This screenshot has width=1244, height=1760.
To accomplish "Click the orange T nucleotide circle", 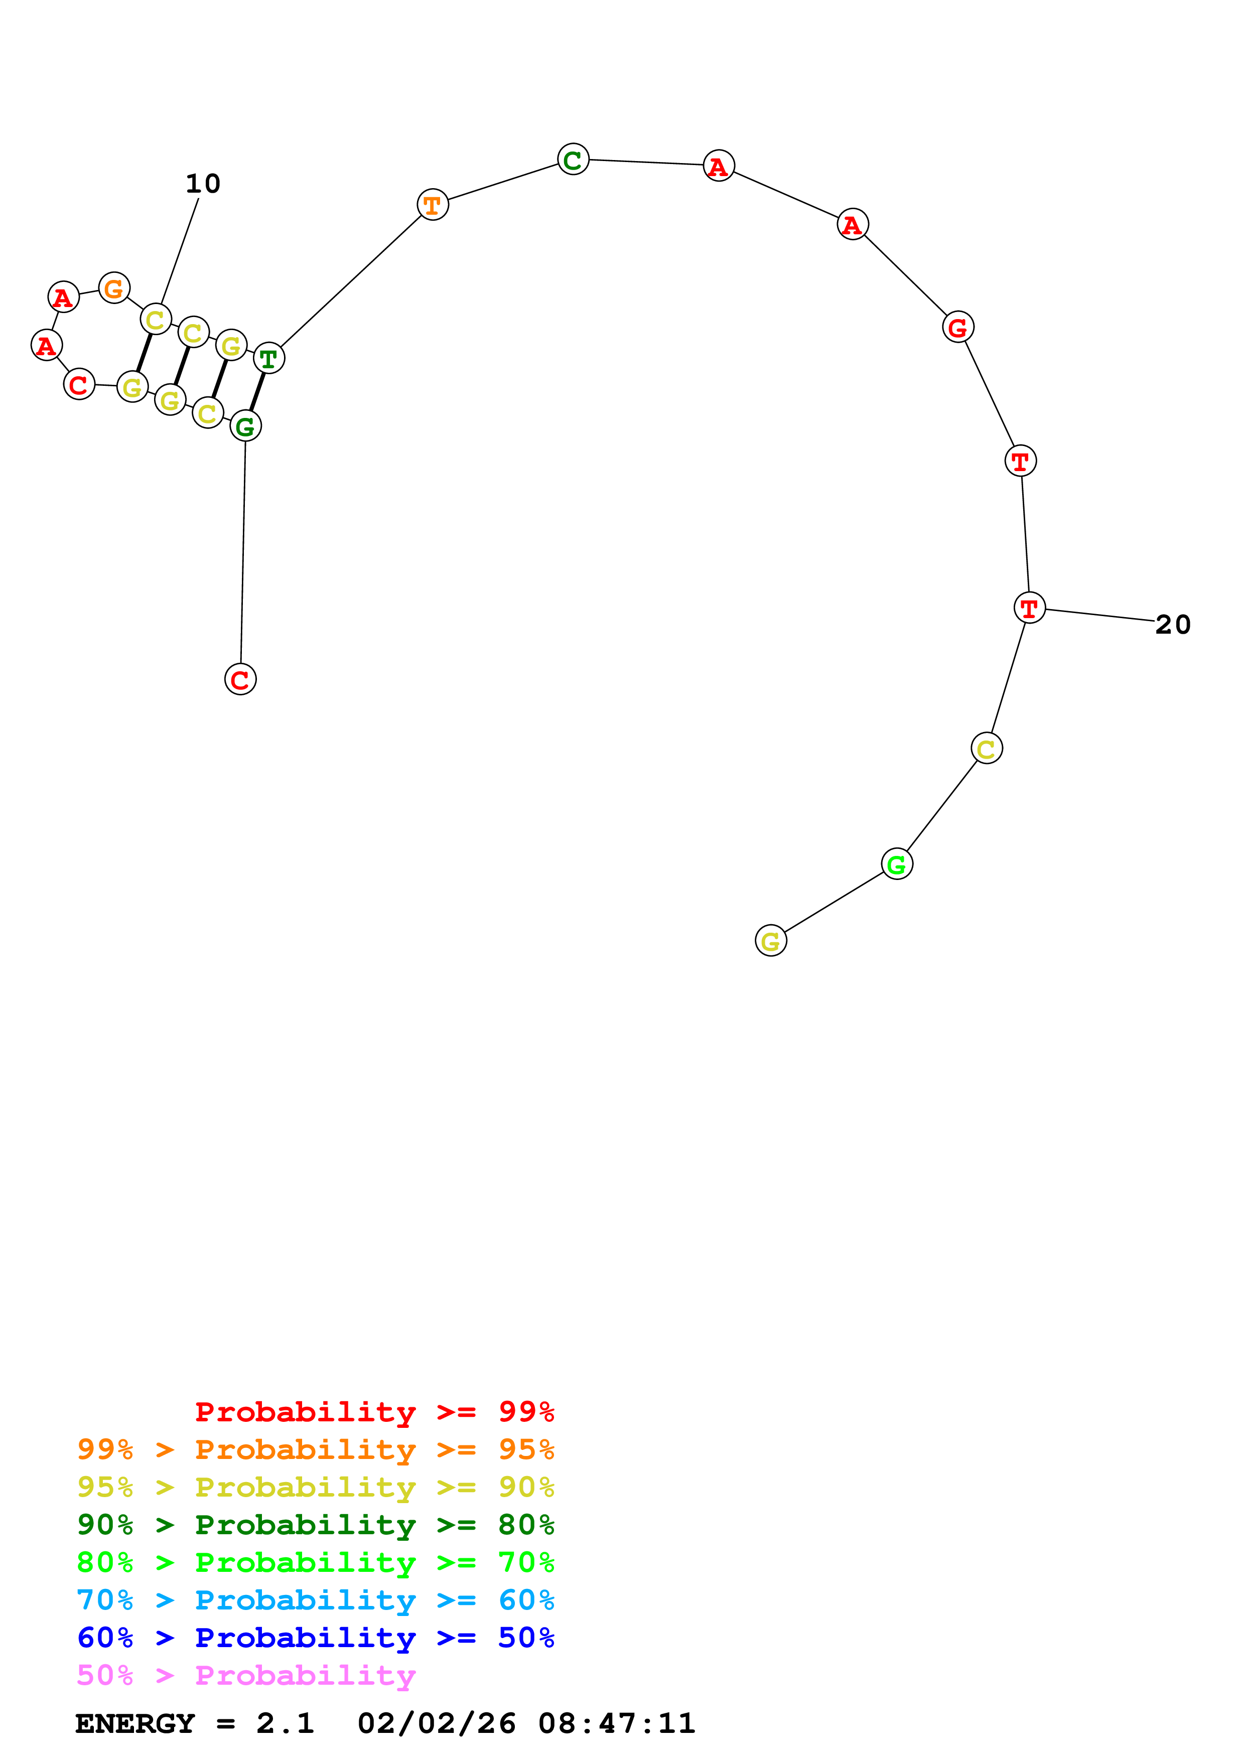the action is pyautogui.click(x=432, y=205).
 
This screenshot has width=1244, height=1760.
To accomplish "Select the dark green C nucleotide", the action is pyautogui.click(x=573, y=160).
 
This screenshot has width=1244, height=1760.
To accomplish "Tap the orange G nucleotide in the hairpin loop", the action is pyautogui.click(x=114, y=287).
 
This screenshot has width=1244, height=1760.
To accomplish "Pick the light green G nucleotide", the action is pyautogui.click(x=896, y=864).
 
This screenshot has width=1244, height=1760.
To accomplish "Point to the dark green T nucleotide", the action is pyautogui.click(x=268, y=358).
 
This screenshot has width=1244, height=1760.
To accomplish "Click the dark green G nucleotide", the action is pyautogui.click(x=245, y=425).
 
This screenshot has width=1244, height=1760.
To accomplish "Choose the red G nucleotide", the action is pyautogui.click(x=957, y=327).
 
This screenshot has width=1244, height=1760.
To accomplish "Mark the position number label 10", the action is pyautogui.click(x=203, y=184).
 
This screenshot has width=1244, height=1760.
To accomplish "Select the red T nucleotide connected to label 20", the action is pyautogui.click(x=1029, y=608).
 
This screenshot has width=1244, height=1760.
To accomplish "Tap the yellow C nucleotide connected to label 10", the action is pyautogui.click(x=156, y=319).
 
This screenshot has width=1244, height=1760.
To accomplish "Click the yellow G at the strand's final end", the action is pyautogui.click(x=770, y=941).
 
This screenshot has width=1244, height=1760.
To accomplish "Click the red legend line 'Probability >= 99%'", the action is pyautogui.click(x=374, y=1411).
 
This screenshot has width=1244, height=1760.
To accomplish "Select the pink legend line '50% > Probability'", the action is pyautogui.click(x=246, y=1675).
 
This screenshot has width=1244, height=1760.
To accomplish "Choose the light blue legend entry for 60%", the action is pyautogui.click(x=315, y=1600).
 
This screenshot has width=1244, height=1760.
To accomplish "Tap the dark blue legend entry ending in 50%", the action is pyautogui.click(x=315, y=1638).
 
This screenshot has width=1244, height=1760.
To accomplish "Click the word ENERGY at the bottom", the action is pyautogui.click(x=135, y=1723).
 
